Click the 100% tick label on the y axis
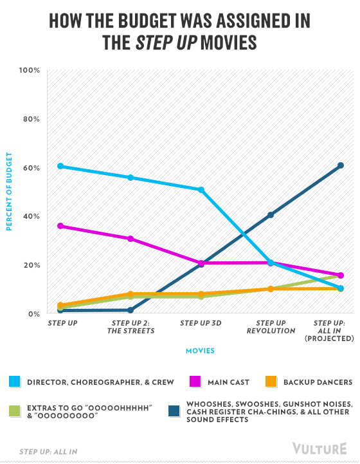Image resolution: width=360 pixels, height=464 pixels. pyautogui.click(x=30, y=70)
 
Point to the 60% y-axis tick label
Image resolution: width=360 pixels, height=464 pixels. pyautogui.click(x=32, y=168)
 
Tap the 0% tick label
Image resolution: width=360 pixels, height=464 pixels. pyautogui.click(x=34, y=313)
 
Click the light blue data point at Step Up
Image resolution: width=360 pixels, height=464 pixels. pyautogui.click(x=60, y=166)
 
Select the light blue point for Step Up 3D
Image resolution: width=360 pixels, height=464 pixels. pyautogui.click(x=201, y=190)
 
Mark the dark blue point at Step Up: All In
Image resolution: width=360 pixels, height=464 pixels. pyautogui.click(x=341, y=165)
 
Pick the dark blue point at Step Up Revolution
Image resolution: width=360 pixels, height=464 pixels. pyautogui.click(x=271, y=214)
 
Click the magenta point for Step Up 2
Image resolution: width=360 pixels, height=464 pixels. pyautogui.click(x=130, y=239)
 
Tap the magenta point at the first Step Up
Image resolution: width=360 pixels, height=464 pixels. pyautogui.click(x=60, y=226)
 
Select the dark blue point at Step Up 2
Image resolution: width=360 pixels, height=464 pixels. pyautogui.click(x=130, y=310)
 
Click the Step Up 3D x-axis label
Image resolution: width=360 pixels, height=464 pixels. pyautogui.click(x=201, y=323)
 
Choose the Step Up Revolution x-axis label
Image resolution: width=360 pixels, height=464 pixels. pyautogui.click(x=271, y=327)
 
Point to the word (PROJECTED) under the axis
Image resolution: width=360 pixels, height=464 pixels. pyautogui.click(x=329, y=339)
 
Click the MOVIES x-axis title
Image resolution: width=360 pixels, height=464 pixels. pyautogui.click(x=200, y=351)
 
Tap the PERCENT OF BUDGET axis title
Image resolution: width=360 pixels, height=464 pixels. pyautogui.click(x=9, y=192)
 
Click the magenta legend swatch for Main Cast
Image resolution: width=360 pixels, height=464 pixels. pyautogui.click(x=195, y=382)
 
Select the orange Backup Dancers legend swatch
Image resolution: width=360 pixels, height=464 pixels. pyautogui.click(x=271, y=382)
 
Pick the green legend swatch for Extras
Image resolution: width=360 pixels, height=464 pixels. pyautogui.click(x=15, y=411)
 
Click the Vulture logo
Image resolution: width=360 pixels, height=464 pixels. pyautogui.click(x=319, y=449)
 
